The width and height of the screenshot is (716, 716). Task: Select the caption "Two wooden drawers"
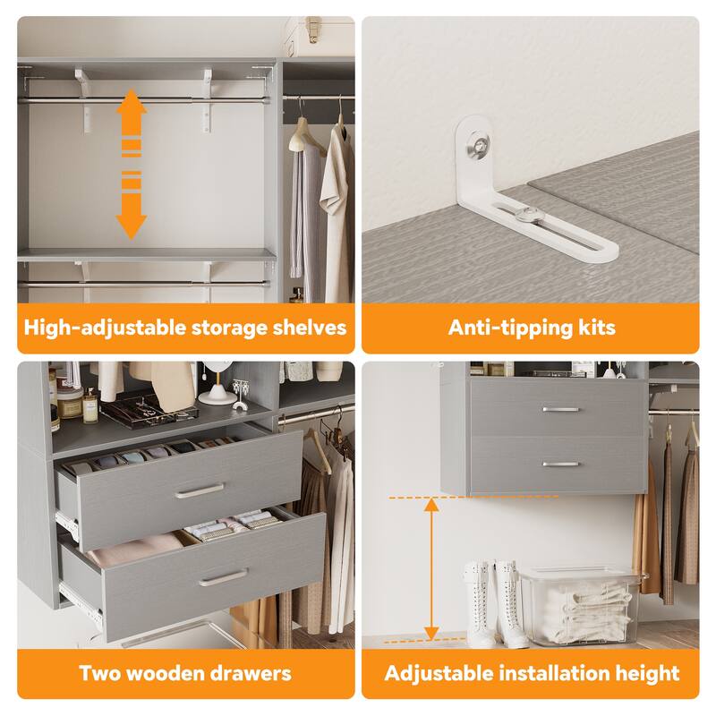click(185, 672)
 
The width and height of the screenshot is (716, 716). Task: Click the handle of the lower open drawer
click(223, 577)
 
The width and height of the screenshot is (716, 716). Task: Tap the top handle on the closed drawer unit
click(560, 409)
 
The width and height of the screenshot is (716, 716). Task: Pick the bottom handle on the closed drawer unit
click(560, 464)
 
